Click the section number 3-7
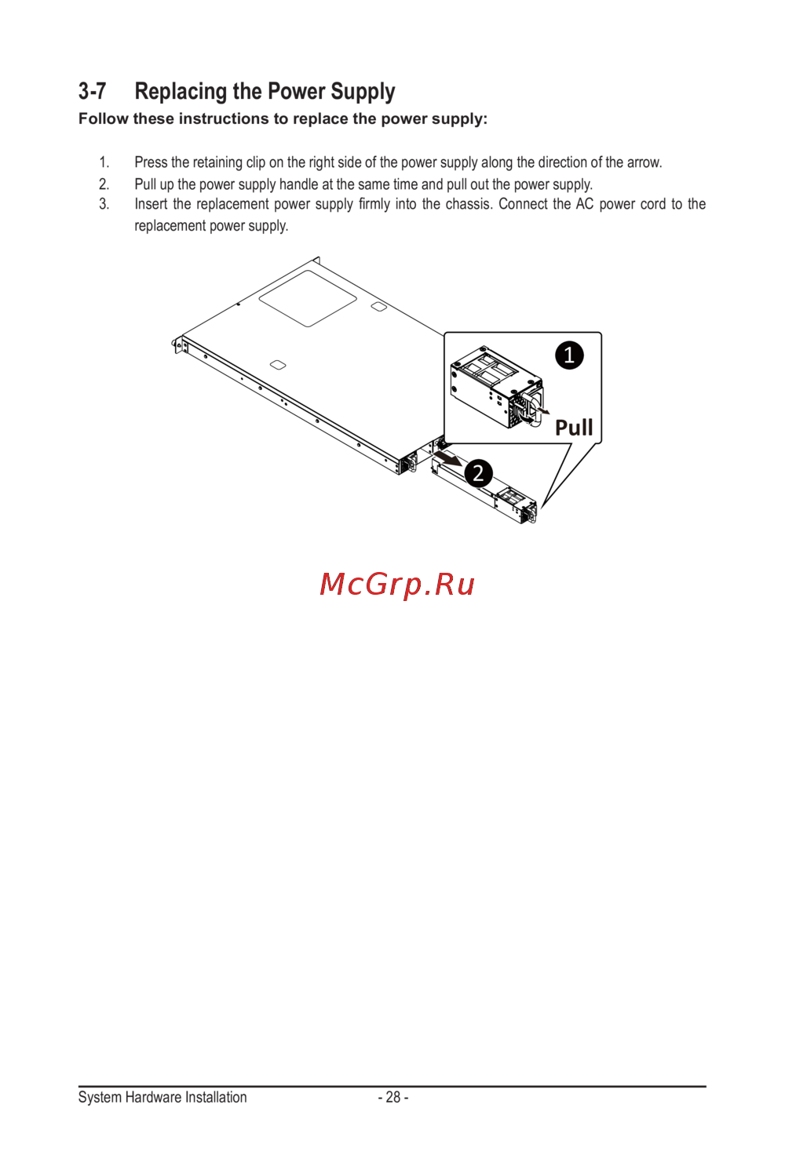point(92,92)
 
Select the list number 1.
point(104,162)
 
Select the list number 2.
point(104,184)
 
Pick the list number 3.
point(104,204)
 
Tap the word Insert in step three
point(150,204)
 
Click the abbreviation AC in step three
point(584,204)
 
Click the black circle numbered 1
point(569,355)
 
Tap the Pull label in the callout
point(574,428)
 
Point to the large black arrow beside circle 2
point(448,458)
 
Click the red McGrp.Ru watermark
point(397,585)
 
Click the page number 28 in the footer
point(393,1097)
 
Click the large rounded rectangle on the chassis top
point(308,298)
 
